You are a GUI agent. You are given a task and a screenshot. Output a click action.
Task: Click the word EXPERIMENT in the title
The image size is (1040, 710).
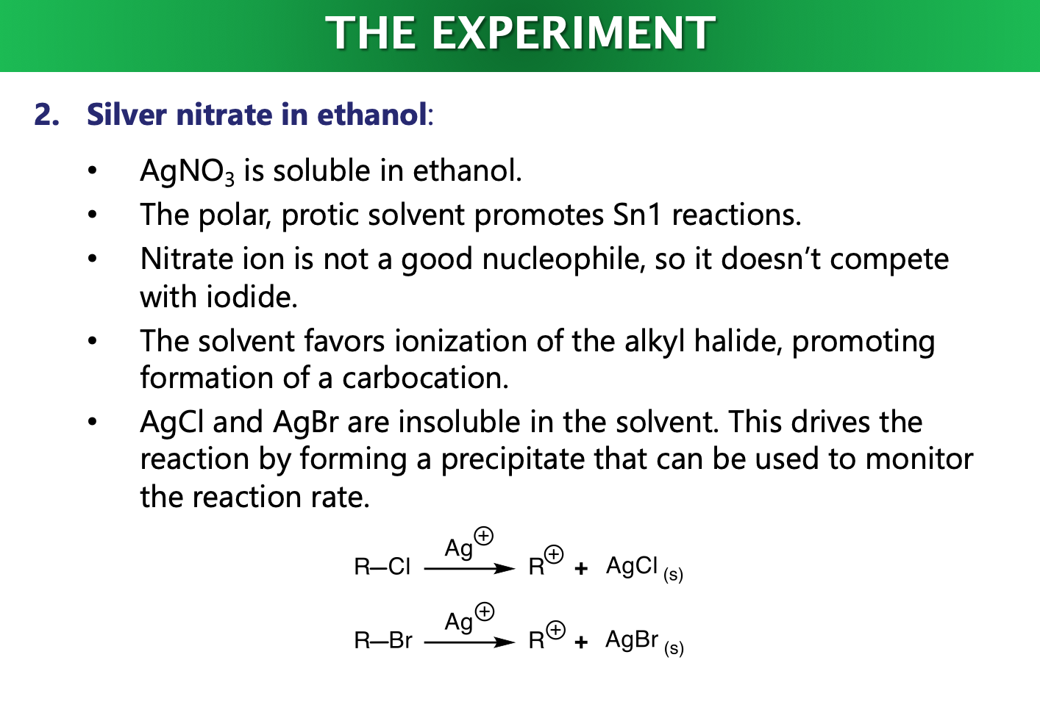[x=573, y=33]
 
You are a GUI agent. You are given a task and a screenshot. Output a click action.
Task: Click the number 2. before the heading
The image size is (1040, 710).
[x=46, y=115]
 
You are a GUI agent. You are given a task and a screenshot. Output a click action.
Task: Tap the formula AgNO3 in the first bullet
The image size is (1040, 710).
[x=187, y=171]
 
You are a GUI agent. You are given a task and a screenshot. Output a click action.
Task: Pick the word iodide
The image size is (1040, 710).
[x=251, y=297]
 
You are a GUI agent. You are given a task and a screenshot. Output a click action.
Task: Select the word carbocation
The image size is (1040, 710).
[x=424, y=378]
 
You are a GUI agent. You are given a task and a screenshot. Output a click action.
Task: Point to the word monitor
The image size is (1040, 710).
[x=919, y=459]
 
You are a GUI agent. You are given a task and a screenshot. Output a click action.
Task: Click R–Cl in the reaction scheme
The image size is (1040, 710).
[x=382, y=567]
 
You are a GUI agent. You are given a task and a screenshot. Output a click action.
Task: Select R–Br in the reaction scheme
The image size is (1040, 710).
[x=383, y=641]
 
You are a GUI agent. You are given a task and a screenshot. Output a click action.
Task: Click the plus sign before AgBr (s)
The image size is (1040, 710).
[x=581, y=643]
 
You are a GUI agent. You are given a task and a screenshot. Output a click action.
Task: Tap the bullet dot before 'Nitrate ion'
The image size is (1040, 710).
[x=92, y=259]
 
